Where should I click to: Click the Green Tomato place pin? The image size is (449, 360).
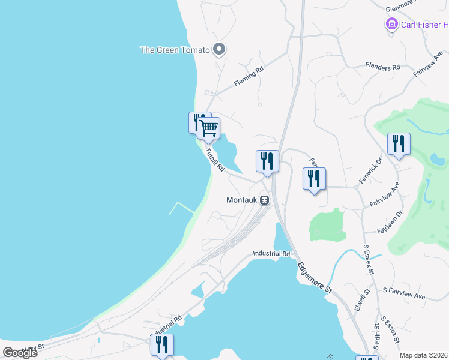[219, 49]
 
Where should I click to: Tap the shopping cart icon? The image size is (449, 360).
[208, 127]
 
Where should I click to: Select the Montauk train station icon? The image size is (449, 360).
[264, 200]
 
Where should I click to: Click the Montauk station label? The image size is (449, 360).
[242, 200]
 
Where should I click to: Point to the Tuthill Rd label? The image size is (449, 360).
[214, 160]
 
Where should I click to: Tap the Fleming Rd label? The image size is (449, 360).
[249, 79]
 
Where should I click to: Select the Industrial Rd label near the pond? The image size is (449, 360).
[271, 254]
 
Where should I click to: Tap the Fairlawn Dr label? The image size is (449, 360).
[390, 226]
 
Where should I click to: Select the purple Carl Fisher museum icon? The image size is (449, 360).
[392, 25]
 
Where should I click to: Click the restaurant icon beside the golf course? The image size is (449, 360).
[399, 143]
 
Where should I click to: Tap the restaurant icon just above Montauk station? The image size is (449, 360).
[267, 161]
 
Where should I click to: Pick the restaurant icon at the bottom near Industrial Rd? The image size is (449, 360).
[162, 344]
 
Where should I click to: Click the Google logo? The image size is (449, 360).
[20, 353]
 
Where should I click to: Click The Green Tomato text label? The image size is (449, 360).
[175, 50]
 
